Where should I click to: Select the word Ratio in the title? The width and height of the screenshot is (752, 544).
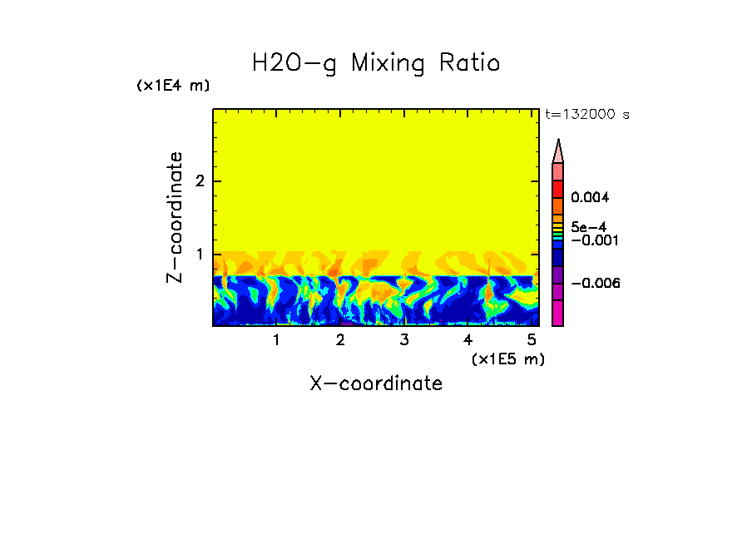(471, 63)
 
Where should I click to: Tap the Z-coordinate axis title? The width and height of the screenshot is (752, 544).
(175, 217)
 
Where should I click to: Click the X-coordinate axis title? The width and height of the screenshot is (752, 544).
(376, 383)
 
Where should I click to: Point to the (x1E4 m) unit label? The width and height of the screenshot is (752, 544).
(173, 86)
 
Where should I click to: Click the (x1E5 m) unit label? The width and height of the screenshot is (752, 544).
(507, 359)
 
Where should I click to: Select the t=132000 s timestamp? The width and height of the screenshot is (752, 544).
(586, 115)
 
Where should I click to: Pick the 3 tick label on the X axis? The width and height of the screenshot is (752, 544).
(403, 340)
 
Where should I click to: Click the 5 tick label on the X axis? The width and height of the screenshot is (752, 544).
(531, 340)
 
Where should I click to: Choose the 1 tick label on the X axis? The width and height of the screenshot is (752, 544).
(276, 340)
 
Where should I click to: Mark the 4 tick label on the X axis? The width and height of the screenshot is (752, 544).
(468, 340)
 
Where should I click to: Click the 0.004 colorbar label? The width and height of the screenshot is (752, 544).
(591, 198)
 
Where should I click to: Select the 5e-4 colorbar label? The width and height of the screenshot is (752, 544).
(588, 226)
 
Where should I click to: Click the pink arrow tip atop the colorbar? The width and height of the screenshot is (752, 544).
(558, 151)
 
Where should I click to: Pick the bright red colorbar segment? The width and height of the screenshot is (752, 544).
(558, 188)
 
